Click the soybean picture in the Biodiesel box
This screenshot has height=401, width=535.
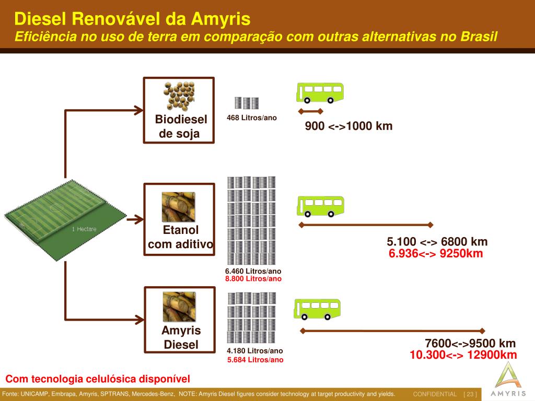[179, 96]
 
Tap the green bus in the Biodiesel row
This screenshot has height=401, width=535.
[320, 92]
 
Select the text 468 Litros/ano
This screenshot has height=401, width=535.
[252, 117]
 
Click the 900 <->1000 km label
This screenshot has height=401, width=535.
[348, 126]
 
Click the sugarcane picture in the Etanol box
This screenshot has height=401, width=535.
[179, 207]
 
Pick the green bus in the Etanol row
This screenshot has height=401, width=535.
[320, 206]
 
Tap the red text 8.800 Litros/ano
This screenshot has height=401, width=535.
[253, 279]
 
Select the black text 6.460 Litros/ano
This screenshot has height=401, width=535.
[253, 271]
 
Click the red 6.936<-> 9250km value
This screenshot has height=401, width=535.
[436, 254]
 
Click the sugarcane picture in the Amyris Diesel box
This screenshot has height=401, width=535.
[179, 307]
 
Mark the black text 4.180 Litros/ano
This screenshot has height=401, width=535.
[255, 351]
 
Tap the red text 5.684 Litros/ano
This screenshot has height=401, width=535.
[255, 360]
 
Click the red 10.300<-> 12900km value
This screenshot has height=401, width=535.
[463, 355]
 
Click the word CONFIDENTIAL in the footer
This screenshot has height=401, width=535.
[435, 394]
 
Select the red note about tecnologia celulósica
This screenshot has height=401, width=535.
[98, 379]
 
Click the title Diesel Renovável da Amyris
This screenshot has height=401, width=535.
[132, 19]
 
